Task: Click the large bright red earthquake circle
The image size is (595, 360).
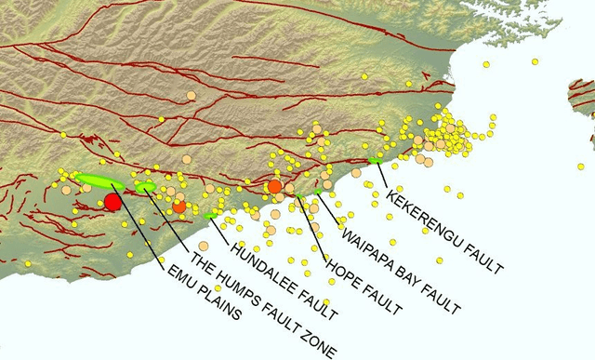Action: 113,201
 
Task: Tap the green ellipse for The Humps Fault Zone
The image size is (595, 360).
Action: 146,187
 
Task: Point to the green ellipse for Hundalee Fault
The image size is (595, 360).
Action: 213,215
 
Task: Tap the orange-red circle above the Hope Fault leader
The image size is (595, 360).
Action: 274,187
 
